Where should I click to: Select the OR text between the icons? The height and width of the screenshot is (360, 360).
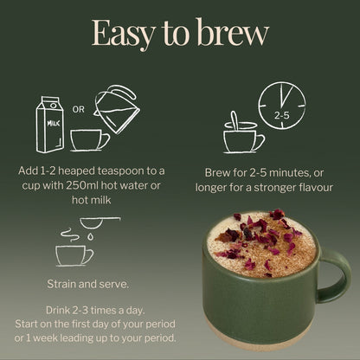[x=78, y=110]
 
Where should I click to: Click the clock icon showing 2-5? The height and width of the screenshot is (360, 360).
[x=282, y=105]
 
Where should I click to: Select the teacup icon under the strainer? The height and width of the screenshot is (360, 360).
[x=74, y=254]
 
